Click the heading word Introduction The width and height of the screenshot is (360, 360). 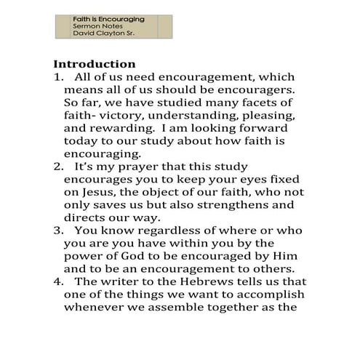point(95,64)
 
